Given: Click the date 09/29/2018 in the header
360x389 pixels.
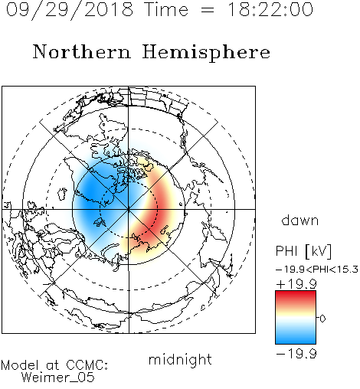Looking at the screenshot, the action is click(70, 10).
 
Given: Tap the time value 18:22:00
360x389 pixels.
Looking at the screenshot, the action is click(270, 9).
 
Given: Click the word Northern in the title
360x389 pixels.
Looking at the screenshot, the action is click(82, 51).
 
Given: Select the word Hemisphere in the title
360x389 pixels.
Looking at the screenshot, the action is click(206, 53).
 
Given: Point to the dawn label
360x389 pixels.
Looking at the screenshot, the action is click(300, 220).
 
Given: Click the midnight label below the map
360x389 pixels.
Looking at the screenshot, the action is click(180, 360).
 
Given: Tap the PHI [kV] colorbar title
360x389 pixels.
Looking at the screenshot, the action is click(303, 251).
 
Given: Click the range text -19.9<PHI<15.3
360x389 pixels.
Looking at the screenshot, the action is click(317, 270).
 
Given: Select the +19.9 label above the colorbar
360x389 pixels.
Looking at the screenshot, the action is click(296, 284).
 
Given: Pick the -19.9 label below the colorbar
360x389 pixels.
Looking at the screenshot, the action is click(296, 354).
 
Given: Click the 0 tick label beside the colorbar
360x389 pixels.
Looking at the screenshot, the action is click(322, 319).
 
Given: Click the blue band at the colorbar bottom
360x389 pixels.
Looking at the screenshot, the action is click(296, 338).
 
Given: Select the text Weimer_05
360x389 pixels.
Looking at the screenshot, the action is click(58, 378).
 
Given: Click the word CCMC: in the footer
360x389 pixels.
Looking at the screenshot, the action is click(87, 365).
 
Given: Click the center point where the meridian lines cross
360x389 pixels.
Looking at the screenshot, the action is click(129, 209).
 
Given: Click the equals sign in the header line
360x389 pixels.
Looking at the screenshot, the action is click(208, 10).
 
